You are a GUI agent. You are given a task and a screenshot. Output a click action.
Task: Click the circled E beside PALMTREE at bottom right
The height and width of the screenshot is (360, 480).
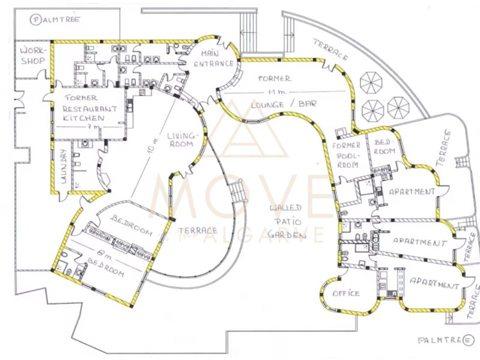coord(468,340)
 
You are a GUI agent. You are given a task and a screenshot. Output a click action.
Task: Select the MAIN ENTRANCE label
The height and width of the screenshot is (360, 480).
coord(213,59)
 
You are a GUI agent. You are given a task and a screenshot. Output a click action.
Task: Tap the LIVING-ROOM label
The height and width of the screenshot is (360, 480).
coord(182,139)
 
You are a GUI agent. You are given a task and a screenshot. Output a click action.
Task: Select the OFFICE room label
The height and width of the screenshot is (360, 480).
coord(346,293)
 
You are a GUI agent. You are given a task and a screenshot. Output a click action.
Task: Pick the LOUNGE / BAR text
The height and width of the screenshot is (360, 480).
coord(283,104)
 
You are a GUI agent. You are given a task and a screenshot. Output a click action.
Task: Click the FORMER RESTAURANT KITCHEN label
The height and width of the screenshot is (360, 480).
coord(89,108)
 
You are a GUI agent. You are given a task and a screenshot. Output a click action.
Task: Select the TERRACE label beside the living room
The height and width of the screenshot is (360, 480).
coord(198,230)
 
